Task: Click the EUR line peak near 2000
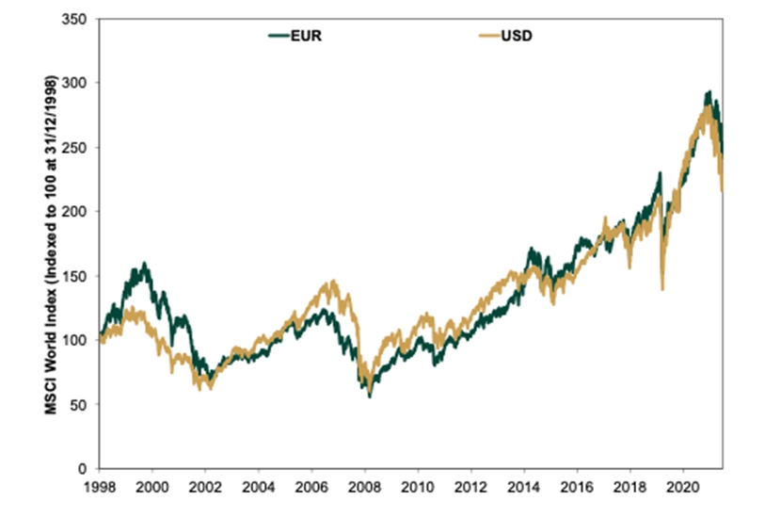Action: point(144,264)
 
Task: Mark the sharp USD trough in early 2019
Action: point(662,288)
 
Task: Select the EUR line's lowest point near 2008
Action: point(369,397)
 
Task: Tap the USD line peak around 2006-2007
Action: point(333,281)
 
